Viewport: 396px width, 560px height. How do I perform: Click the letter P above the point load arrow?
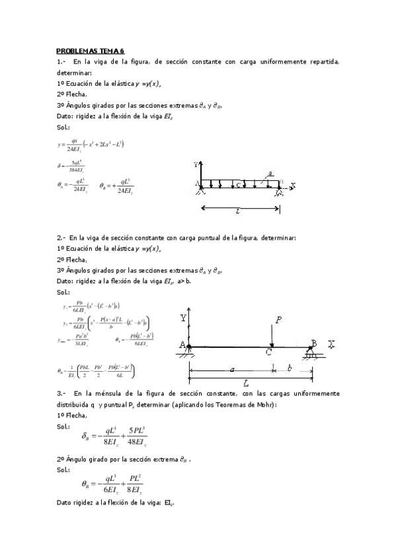[278, 319]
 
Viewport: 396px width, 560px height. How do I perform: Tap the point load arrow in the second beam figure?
[271, 335]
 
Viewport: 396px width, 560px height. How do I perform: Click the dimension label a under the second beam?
[232, 370]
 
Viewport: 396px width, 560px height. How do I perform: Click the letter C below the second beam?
[268, 354]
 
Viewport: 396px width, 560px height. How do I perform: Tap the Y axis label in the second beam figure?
[182, 318]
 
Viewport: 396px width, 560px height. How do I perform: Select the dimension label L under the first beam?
[237, 211]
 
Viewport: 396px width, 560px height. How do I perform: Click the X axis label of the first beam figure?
[293, 185]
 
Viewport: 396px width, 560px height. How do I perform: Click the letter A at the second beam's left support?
[181, 344]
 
